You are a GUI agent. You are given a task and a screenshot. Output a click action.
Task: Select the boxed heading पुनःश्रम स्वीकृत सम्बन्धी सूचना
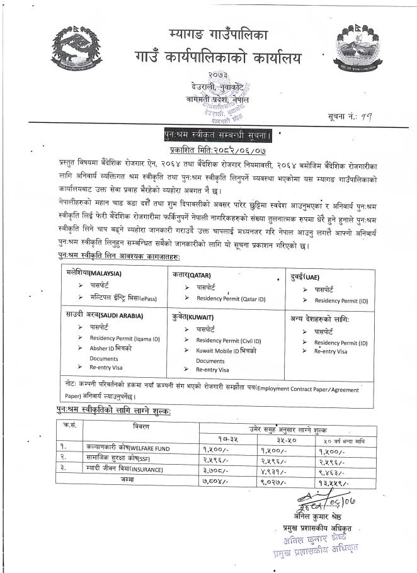215,134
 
